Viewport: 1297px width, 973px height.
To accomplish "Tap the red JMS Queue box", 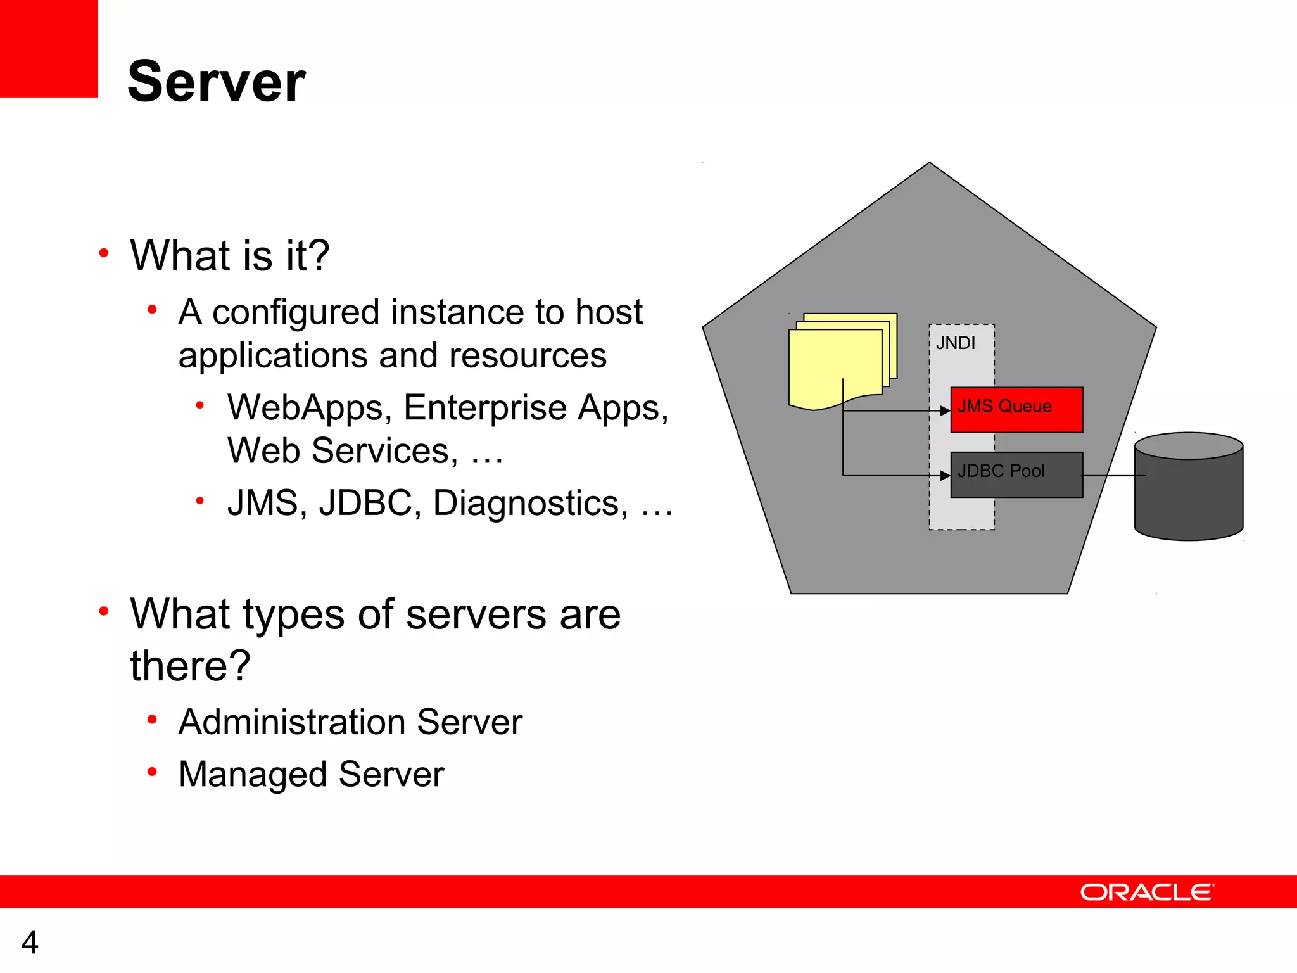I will (x=1016, y=410).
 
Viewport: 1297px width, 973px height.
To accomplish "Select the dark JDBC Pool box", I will (x=1016, y=474).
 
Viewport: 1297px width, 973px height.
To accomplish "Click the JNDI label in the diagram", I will (x=955, y=343).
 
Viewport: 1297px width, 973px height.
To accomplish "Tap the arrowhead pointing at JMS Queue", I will (x=945, y=410).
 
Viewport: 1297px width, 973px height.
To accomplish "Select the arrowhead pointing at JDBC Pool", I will (x=945, y=475).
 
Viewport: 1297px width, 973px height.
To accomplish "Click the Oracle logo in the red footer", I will (x=1146, y=892).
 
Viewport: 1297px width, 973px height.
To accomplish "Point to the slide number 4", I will (x=30, y=942).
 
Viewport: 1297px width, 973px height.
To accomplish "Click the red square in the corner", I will (x=48, y=48).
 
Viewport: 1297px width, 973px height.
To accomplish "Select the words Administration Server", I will (x=350, y=722).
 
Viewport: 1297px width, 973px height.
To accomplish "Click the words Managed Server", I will (x=311, y=774).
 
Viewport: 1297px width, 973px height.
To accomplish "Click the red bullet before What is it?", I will (x=104, y=254).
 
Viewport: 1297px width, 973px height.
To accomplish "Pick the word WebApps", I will (x=308, y=407).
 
